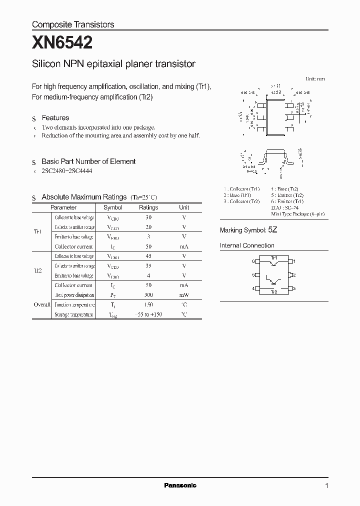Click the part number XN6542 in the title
tap(62, 43)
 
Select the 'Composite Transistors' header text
tap(73, 24)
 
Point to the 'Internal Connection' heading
tap(247, 245)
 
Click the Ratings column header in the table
tap(148, 207)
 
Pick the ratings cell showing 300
tap(148, 295)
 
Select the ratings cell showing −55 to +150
tap(148, 314)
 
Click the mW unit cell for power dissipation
tap(184, 295)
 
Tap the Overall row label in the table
tap(41, 304)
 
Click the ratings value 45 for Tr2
tap(148, 256)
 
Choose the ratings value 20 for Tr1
tap(148, 227)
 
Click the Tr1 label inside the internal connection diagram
tap(273, 258)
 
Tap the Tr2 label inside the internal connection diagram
tap(273, 291)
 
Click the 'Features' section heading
tap(55, 118)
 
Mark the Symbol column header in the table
tap(112, 207)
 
